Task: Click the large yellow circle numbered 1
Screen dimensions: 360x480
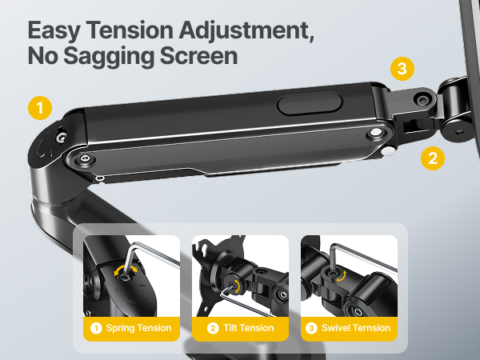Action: point(39,106)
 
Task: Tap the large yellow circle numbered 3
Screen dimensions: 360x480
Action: point(402,69)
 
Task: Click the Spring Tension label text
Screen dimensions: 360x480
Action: point(138,327)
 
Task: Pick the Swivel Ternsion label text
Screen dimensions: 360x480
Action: point(355,327)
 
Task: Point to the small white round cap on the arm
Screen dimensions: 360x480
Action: point(388,150)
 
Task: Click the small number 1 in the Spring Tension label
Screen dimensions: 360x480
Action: point(96,327)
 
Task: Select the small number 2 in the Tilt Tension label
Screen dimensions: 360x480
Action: point(212,327)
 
